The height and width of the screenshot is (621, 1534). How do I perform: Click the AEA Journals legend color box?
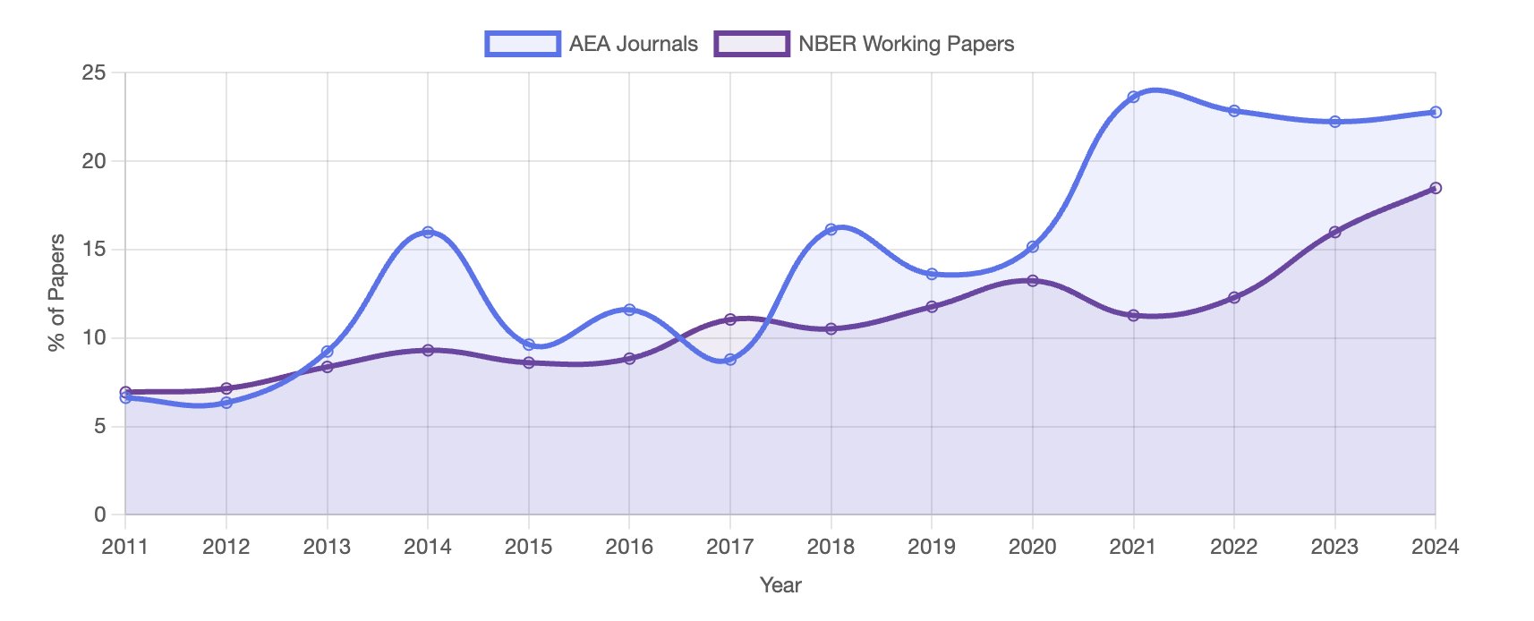pyautogui.click(x=523, y=44)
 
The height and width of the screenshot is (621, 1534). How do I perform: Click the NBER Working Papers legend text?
pyautogui.click(x=906, y=44)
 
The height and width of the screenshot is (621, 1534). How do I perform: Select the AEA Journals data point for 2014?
pyautogui.click(x=428, y=232)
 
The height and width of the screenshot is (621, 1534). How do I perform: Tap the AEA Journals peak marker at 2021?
pyautogui.click(x=1133, y=97)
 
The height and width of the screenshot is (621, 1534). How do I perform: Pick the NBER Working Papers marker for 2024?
pyautogui.click(x=1436, y=188)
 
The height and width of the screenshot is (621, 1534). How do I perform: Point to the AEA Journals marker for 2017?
pyautogui.click(x=730, y=359)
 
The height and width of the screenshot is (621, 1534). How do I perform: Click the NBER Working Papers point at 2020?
pyautogui.click(x=1033, y=280)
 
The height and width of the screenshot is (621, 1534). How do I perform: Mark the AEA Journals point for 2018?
pyautogui.click(x=831, y=229)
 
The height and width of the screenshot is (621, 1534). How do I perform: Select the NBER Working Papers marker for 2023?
pyautogui.click(x=1334, y=232)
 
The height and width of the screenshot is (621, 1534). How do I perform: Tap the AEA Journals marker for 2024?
pyautogui.click(x=1436, y=112)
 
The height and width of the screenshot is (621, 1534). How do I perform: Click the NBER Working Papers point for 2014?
pyautogui.click(x=428, y=350)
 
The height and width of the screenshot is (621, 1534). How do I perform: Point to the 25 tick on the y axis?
pyautogui.click(x=94, y=72)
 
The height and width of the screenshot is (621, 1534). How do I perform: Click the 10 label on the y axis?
pyautogui.click(x=94, y=338)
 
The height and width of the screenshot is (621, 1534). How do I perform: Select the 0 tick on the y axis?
pyautogui.click(x=100, y=515)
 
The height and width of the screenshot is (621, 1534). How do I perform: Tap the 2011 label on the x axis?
pyautogui.click(x=124, y=547)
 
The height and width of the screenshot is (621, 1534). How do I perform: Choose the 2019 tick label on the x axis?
pyautogui.click(x=932, y=547)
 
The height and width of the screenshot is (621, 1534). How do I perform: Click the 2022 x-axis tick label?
pyautogui.click(x=1234, y=547)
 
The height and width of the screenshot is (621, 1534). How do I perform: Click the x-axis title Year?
pyautogui.click(x=780, y=585)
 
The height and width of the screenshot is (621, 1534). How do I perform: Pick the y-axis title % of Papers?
pyautogui.click(x=56, y=293)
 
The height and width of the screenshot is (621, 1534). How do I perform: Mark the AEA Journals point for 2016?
pyautogui.click(x=629, y=310)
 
